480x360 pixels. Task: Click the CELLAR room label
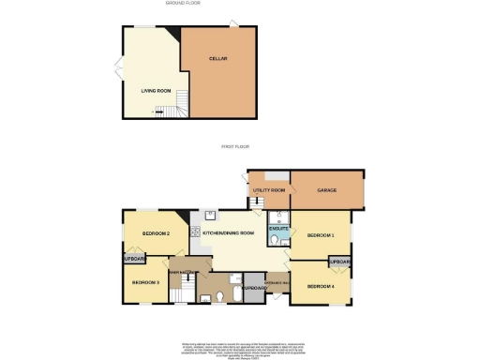click(x=218, y=58)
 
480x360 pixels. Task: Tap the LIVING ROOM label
click(x=156, y=91)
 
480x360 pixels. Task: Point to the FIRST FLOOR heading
click(x=233, y=146)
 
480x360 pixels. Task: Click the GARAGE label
click(x=326, y=190)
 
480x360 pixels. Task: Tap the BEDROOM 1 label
click(x=321, y=235)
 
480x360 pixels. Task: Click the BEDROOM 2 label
click(x=156, y=232)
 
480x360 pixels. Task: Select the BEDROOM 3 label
click(x=145, y=281)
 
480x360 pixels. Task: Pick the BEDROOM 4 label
click(x=320, y=286)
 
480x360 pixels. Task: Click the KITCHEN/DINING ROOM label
click(x=235, y=232)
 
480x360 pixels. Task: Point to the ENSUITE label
click(x=278, y=228)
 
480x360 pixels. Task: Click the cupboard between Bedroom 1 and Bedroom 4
click(x=338, y=262)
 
